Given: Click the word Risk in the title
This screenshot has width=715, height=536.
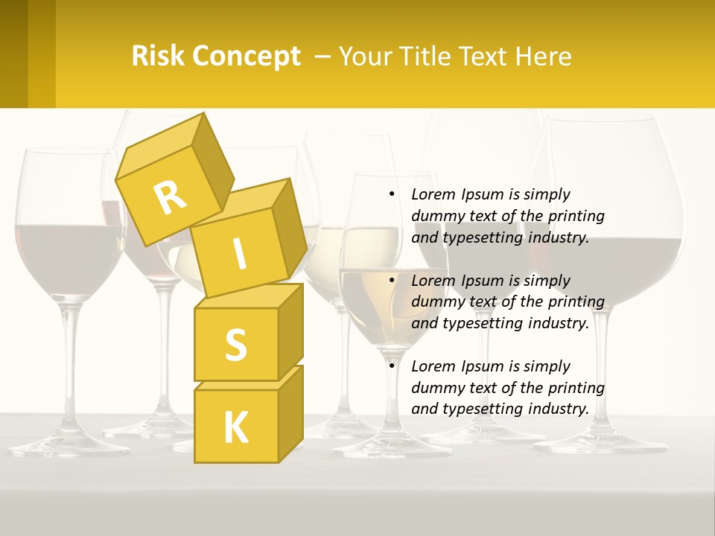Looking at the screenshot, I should click(x=157, y=57).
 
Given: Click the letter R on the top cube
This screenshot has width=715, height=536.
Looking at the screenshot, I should click(x=170, y=197).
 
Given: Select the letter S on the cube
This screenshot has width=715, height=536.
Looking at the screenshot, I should click(x=235, y=345).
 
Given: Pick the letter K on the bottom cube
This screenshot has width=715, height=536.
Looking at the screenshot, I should click(x=235, y=428).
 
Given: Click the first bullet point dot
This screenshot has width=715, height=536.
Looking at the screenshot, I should click(x=392, y=194).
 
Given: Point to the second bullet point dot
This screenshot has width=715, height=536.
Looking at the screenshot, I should click(x=392, y=281).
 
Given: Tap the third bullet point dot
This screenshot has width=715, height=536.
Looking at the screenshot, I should click(x=392, y=366).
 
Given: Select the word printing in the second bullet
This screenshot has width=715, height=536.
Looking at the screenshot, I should click(x=576, y=302).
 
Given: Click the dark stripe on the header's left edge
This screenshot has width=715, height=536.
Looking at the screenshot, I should click(x=13, y=54).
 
